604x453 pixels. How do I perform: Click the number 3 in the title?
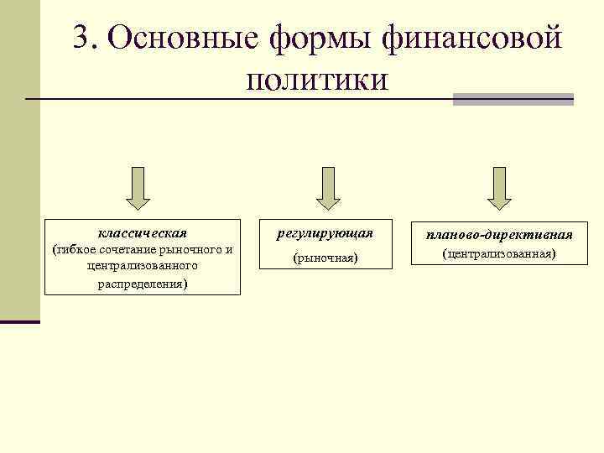(81, 39)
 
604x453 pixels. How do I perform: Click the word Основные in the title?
(181, 39)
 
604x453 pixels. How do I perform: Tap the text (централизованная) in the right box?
(499, 253)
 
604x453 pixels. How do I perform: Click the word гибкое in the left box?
(73, 249)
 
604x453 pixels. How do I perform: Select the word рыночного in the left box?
(193, 249)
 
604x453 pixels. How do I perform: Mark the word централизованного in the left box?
(142, 266)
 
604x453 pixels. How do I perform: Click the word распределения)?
(142, 284)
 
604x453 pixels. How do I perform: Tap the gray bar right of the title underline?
(513, 99)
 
